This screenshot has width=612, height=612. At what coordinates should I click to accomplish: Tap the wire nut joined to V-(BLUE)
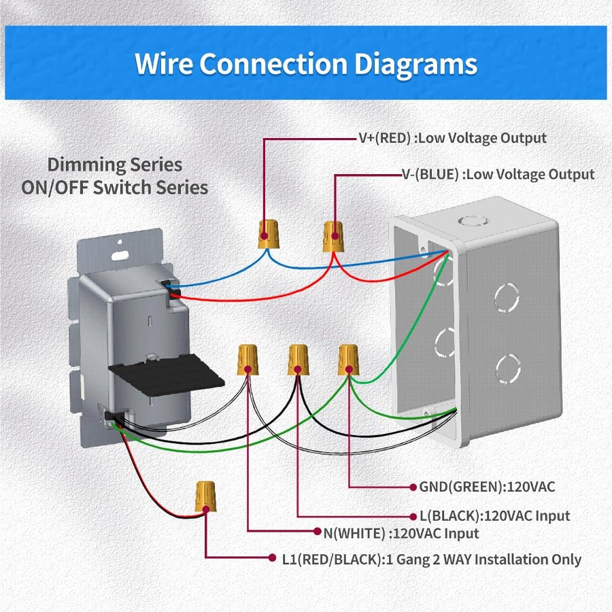pos(333,235)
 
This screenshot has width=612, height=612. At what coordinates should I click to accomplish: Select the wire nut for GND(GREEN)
pos(348,359)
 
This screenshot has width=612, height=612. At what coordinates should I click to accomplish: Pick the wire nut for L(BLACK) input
pos(298,360)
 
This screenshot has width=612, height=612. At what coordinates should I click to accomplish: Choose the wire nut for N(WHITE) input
pos(248,360)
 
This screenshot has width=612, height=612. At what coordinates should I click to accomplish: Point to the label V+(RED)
pos(386,138)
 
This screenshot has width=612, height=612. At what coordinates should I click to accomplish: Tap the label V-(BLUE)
pos(430,175)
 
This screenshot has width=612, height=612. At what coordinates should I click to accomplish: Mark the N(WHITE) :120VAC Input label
pos(401,534)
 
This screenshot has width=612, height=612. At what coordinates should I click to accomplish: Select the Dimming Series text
pos(114,165)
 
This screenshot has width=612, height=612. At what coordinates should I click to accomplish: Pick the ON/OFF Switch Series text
pos(114,188)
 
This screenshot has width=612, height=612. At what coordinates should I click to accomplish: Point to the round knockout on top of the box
pos(469,221)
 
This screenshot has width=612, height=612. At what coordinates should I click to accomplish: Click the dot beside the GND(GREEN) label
pos(412,487)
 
